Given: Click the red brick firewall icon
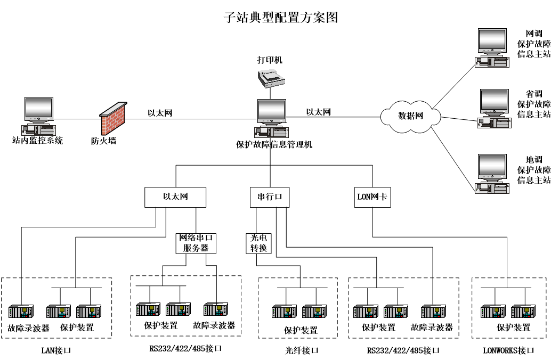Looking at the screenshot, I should [114, 118].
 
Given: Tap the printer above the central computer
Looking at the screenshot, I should [271, 78].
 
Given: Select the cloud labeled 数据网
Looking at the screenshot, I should [410, 116].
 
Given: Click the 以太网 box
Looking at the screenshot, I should [175, 197].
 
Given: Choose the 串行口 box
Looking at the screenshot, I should [270, 197].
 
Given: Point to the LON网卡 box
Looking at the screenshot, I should [372, 197].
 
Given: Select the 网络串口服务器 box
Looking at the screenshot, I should [196, 243].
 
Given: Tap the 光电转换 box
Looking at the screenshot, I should [258, 243].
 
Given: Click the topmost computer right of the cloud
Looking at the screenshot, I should [492, 48].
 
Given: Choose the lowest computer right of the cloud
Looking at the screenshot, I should [492, 174].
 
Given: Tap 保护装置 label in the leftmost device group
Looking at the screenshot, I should [77, 328].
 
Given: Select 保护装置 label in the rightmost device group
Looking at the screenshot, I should [513, 328].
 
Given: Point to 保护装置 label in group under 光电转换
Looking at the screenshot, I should [301, 330].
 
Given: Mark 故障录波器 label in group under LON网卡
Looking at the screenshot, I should [432, 328].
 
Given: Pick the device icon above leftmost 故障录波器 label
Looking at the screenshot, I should [21, 312].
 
